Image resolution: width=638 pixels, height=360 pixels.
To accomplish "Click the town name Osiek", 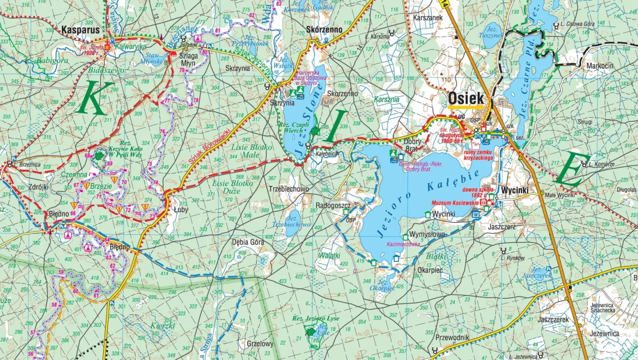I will click(x=466, y=98).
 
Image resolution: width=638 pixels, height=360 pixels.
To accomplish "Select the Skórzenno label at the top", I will click(x=324, y=29).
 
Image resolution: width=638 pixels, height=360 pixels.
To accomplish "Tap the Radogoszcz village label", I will click(x=334, y=205).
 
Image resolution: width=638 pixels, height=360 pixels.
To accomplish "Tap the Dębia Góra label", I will click(x=248, y=243).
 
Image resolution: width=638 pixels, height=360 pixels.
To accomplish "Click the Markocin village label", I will click(x=600, y=66).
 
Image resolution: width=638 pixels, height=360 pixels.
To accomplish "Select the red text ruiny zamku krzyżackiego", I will click(x=478, y=155).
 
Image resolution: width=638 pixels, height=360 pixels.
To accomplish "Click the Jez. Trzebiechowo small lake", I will click(x=292, y=221).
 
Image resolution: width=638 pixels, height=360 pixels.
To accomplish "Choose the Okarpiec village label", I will click(x=430, y=270).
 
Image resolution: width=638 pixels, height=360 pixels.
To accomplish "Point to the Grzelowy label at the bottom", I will click(x=260, y=344).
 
